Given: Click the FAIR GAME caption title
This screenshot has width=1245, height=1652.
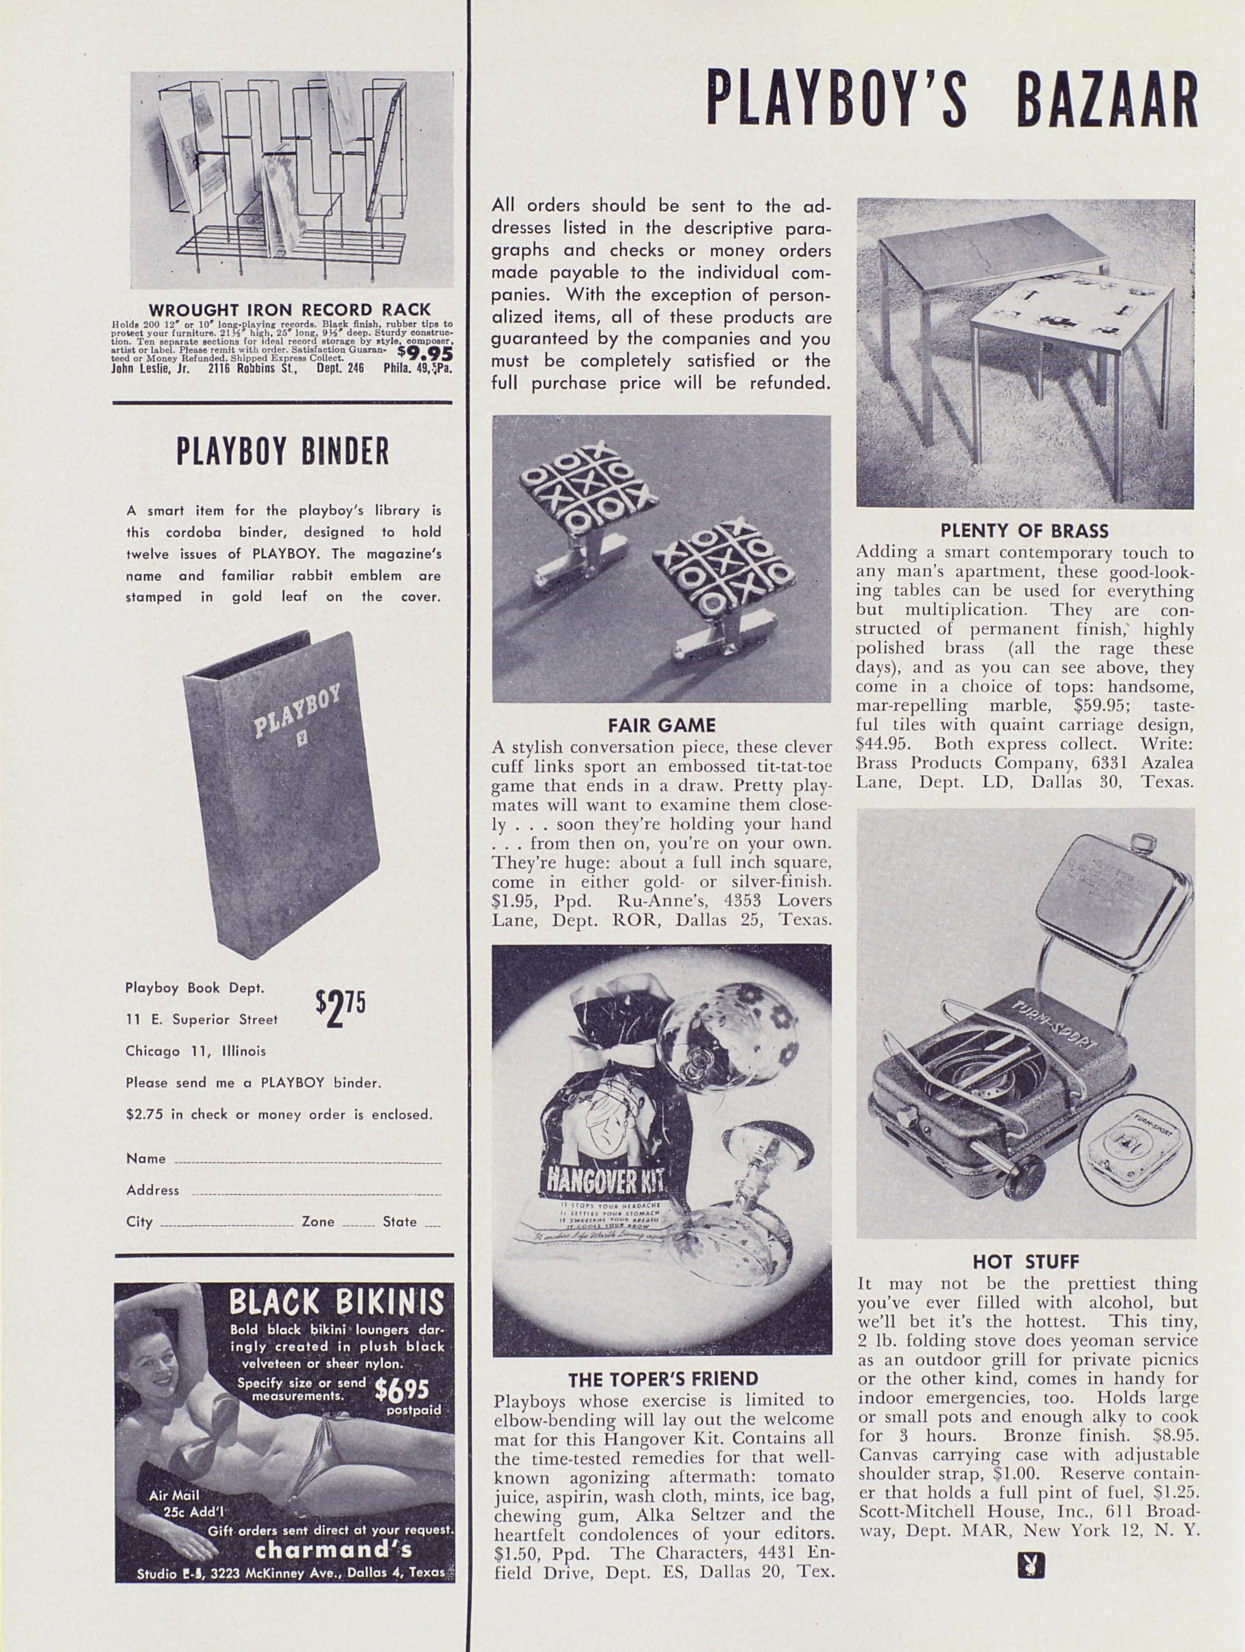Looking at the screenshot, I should click(661, 725).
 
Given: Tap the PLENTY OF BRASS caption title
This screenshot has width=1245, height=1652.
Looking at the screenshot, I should click(1024, 532).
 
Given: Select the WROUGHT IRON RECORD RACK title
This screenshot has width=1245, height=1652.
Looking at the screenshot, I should click(290, 309).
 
